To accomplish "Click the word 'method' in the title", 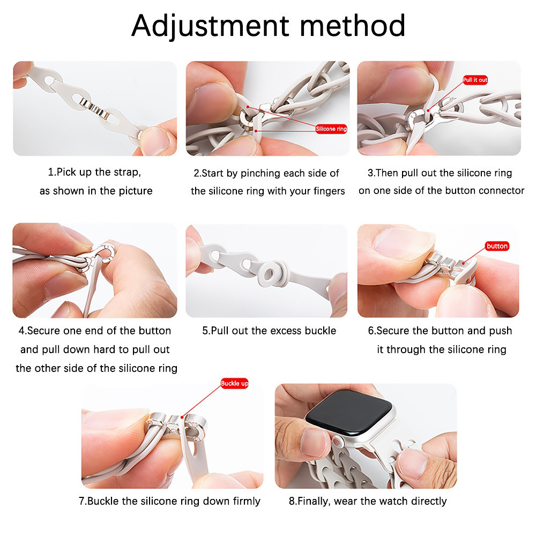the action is [x=353, y=26].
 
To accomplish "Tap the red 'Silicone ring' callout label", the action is [x=331, y=129].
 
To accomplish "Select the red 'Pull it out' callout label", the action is [x=475, y=80].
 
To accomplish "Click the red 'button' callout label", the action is [x=497, y=246].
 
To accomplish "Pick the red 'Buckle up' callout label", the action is [x=235, y=384].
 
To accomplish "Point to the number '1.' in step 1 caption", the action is [x=52, y=172].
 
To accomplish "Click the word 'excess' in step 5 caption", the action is [x=277, y=331].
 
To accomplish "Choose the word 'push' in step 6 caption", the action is [x=500, y=331].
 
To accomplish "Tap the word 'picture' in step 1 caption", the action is [x=136, y=191].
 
